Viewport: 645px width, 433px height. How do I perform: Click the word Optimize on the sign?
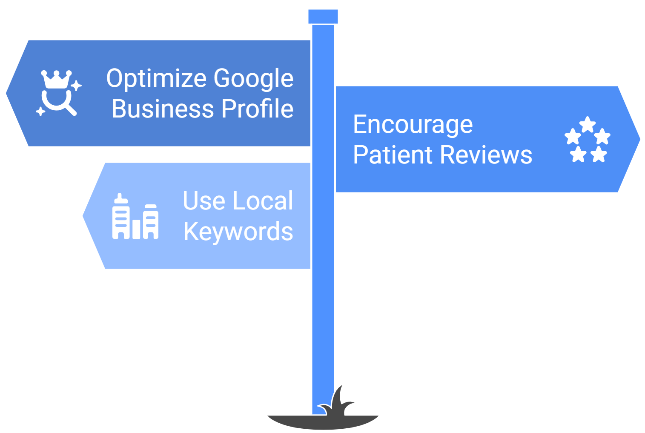pos(156,79)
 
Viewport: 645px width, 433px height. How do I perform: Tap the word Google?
pos(253,79)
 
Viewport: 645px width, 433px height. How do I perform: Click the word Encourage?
pos(413,125)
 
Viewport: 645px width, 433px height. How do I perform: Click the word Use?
pos(203,201)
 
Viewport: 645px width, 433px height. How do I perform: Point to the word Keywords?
pos(238,232)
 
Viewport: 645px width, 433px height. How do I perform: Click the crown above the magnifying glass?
pos(56,79)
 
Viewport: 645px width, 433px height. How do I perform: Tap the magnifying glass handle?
pos(70,110)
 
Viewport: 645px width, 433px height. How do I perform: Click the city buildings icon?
pos(135,217)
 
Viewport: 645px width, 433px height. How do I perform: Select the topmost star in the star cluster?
pos(588,124)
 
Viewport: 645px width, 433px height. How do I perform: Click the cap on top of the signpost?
pos(323,17)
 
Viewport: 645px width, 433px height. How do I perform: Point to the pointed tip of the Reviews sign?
pos(638,139)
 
